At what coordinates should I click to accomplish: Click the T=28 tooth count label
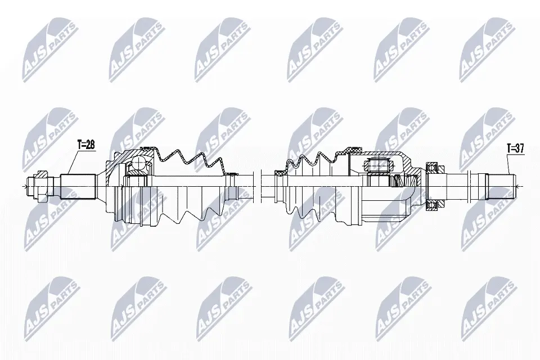[x=86, y=145]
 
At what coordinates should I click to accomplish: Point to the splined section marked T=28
[x=78, y=187]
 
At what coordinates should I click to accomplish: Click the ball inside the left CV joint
[x=139, y=163]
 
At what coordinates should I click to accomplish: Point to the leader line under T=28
[x=73, y=162]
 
